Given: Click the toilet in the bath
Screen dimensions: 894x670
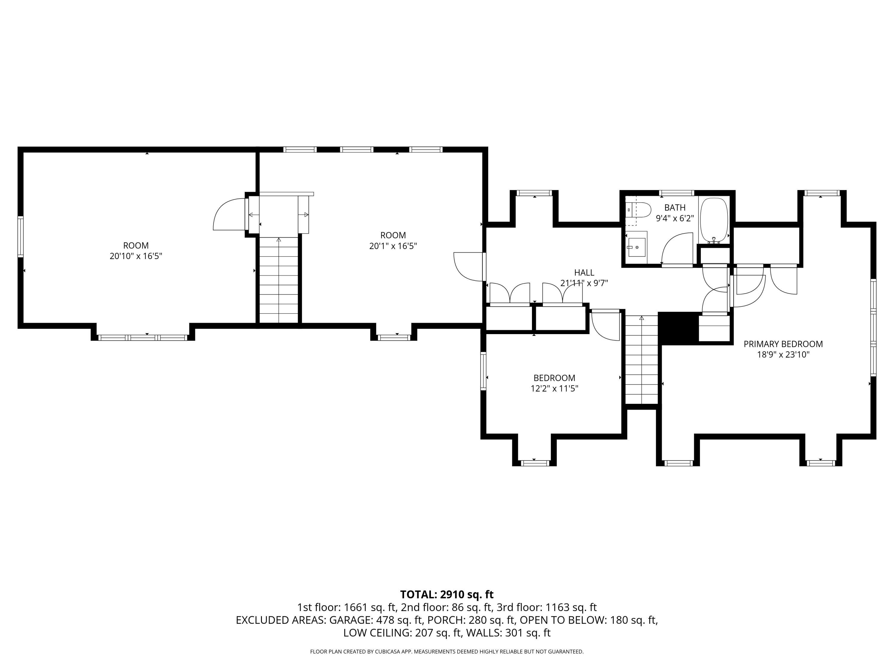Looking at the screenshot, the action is tap(638, 210).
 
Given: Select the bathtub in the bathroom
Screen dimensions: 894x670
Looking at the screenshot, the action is tap(714, 220).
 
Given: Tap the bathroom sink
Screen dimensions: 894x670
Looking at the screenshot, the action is tap(637, 247).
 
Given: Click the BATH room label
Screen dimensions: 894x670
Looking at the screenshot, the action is tap(675, 208).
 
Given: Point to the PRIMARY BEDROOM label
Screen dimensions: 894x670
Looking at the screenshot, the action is tap(783, 344).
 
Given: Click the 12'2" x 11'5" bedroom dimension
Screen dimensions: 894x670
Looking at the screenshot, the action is tap(555, 389).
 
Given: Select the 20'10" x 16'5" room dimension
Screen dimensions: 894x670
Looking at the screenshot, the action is tap(136, 256).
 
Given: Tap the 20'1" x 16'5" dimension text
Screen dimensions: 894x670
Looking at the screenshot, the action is tap(393, 246).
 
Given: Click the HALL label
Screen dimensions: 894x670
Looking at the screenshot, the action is tap(584, 272).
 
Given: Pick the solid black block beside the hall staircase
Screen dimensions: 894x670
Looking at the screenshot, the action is tap(679, 328).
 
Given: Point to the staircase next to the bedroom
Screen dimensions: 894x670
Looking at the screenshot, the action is tap(642, 359).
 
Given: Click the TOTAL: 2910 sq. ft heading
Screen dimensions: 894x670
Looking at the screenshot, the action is tap(447, 594).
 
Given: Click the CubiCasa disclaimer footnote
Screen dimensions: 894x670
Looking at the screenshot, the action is tap(447, 652).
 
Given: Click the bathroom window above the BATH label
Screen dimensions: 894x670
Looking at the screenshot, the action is tap(676, 193).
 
